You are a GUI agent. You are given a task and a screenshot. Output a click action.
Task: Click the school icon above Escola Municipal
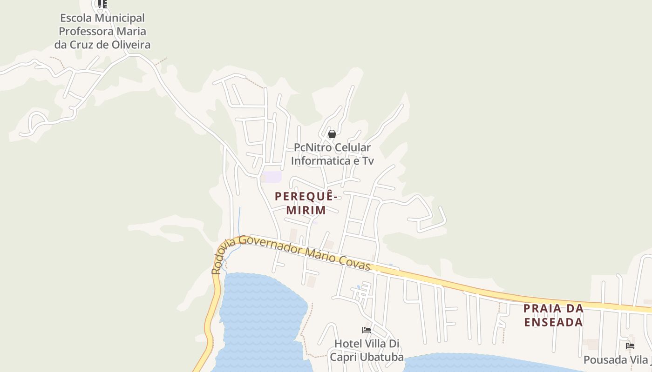(x=102, y=4)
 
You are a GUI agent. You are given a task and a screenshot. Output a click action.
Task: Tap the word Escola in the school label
(x=76, y=18)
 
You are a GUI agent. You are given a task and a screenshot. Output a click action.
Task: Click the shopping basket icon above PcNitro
(x=332, y=134)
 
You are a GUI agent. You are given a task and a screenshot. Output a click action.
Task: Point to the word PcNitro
(x=313, y=147)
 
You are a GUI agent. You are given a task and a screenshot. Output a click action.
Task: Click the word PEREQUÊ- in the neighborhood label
(x=306, y=196)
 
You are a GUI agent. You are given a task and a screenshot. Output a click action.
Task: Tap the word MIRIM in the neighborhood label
(x=306, y=210)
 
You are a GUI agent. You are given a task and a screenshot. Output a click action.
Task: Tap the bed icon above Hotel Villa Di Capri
(x=367, y=330)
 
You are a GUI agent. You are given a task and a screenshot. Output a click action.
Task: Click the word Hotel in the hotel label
(x=347, y=344)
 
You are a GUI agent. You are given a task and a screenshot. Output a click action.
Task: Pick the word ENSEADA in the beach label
(x=554, y=322)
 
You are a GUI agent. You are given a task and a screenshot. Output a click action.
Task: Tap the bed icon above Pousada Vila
(x=630, y=346)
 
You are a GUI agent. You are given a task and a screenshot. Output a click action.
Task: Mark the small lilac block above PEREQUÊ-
(x=271, y=177)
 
